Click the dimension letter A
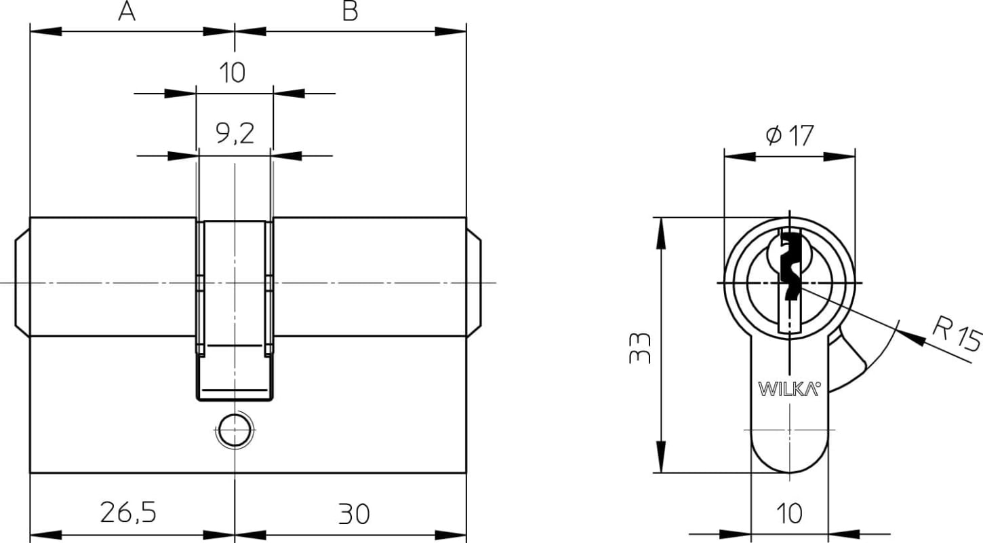pos(127,11)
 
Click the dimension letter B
pos(350,11)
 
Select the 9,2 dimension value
pos(235,134)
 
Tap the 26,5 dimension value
pos(128,512)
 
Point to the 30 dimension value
pos(354,514)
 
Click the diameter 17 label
pos(790,135)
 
